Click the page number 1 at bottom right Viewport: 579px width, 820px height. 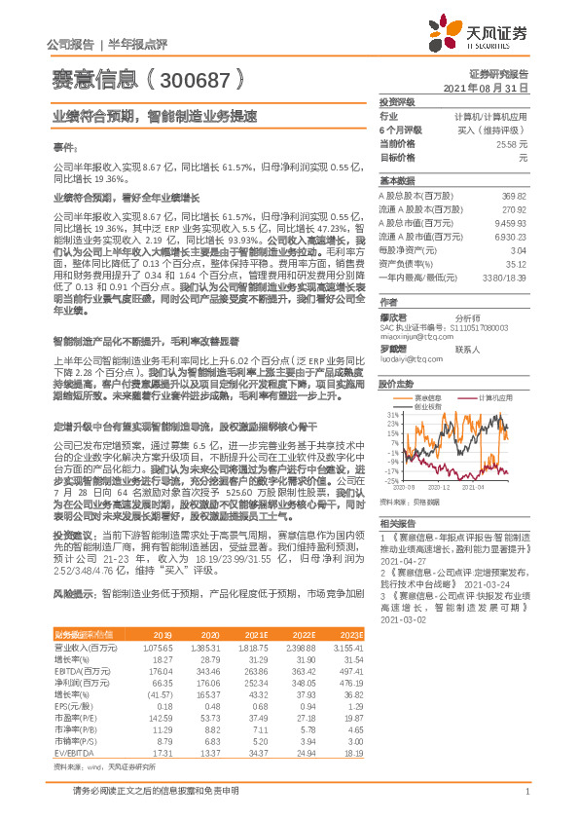[x=526, y=790]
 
